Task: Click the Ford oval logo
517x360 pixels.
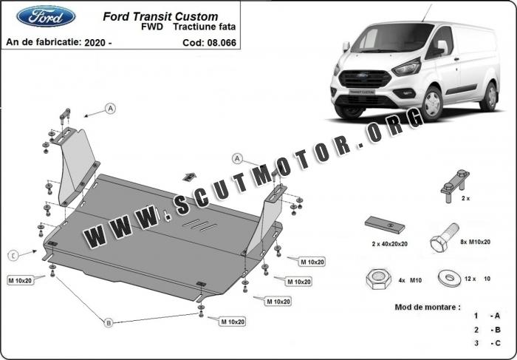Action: [46, 16]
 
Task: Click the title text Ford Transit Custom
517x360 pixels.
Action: [160, 16]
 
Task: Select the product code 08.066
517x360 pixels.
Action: [222, 43]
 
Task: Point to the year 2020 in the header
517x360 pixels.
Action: [95, 43]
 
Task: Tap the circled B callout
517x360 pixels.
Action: [109, 322]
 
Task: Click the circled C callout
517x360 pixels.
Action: [13, 255]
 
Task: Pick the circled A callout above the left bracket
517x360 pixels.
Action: [111, 108]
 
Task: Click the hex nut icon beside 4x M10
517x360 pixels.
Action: [378, 279]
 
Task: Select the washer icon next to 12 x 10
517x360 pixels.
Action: [449, 279]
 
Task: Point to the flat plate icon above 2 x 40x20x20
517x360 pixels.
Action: [385, 225]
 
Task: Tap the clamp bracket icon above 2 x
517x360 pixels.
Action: [456, 186]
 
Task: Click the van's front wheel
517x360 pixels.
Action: [432, 103]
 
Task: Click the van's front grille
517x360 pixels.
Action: [365, 79]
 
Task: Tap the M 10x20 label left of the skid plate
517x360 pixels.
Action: [21, 280]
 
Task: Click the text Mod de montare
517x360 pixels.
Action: [428, 307]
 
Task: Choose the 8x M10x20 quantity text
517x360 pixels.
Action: [475, 242]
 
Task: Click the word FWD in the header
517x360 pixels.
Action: [152, 27]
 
